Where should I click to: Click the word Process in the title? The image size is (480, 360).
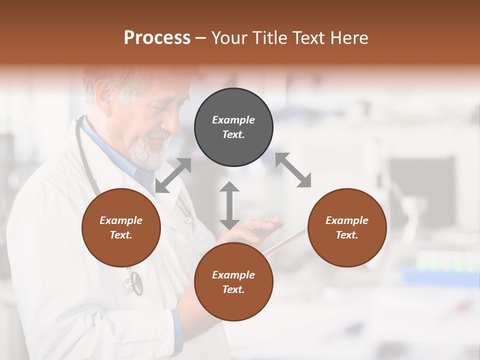coord(157,38)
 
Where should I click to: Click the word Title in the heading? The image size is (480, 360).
coord(269,38)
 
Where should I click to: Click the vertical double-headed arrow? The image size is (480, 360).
coord(229,205)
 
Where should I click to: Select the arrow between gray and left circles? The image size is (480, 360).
coord(173,175)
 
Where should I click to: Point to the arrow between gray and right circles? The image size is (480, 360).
coord(293,170)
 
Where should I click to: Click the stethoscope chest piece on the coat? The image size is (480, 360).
coord(134,283)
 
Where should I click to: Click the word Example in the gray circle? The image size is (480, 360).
coord(233,120)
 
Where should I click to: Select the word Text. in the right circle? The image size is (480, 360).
coord(347,235)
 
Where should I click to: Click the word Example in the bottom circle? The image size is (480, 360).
coord(233,275)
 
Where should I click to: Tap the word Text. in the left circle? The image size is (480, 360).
coord(121,235)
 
